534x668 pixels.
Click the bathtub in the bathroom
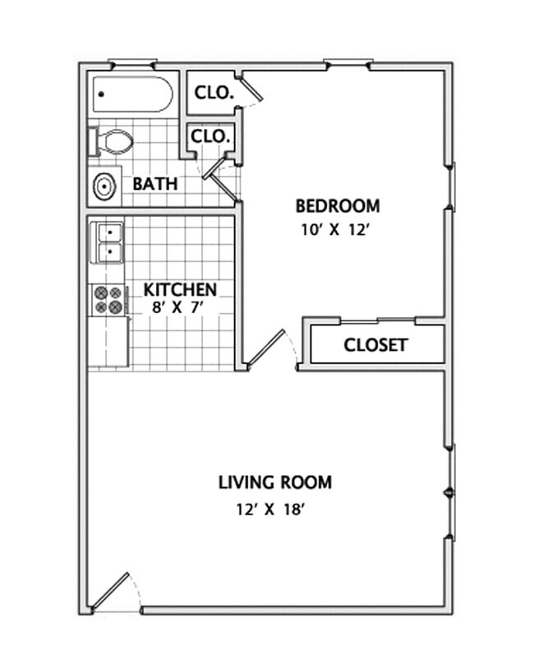[x=132, y=95]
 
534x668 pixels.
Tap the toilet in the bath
[x=112, y=141]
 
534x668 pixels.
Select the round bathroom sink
[x=104, y=187]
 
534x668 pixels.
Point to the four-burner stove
[x=108, y=299]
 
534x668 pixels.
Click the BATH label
[x=154, y=183]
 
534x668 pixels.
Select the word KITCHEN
[x=180, y=289]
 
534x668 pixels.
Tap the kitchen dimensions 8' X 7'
[x=177, y=307]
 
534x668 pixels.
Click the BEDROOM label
[x=338, y=205]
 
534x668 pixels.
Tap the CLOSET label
[x=375, y=345]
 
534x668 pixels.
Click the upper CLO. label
[x=214, y=93]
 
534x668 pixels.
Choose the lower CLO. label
[x=211, y=136]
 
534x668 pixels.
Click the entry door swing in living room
[x=113, y=592]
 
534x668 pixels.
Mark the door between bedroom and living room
[x=268, y=350]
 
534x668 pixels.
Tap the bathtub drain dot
[x=101, y=94]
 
